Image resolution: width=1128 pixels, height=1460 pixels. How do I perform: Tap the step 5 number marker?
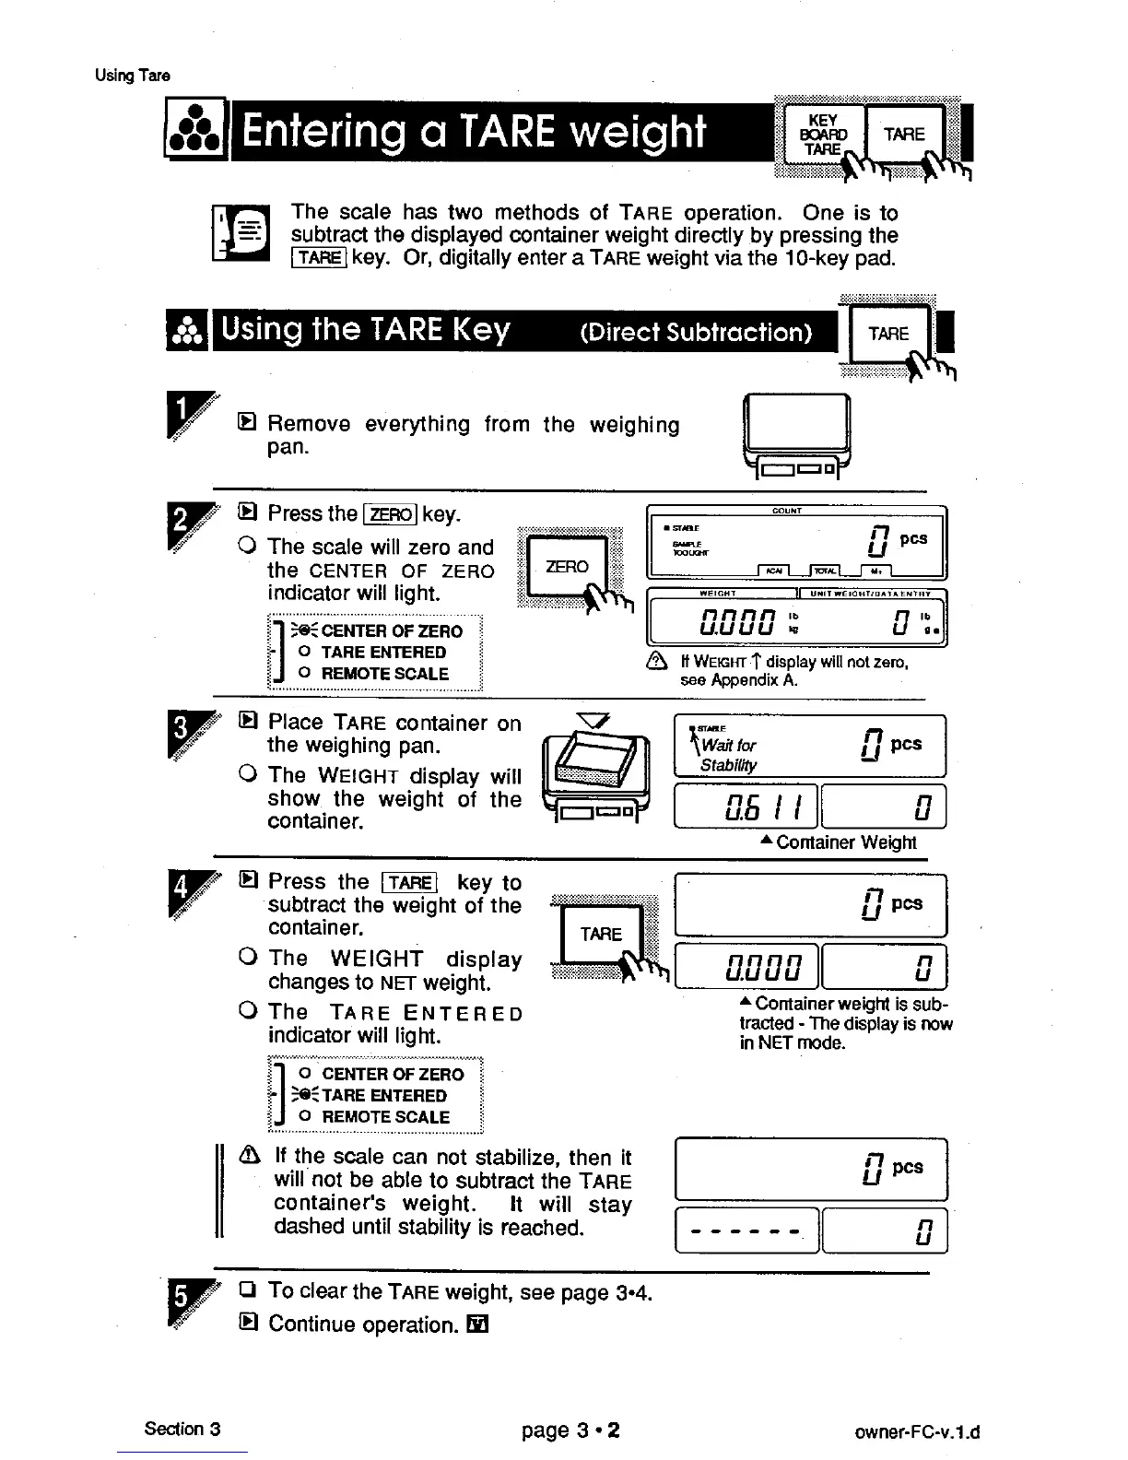pos(182,1302)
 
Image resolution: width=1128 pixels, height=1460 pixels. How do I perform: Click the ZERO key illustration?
pos(568,567)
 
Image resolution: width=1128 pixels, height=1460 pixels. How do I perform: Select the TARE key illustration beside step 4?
pos(601,934)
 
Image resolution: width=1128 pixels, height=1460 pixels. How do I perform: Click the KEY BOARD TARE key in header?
pos(822,135)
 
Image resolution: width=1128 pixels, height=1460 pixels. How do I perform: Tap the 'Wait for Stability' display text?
pos(728,755)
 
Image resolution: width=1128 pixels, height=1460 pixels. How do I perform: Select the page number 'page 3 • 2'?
pos(570,1431)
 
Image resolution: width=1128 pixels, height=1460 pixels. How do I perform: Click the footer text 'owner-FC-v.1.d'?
pos(916,1432)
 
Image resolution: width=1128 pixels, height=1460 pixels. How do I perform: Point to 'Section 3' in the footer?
pos(182,1429)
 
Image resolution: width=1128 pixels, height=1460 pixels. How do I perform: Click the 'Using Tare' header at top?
pos(132,76)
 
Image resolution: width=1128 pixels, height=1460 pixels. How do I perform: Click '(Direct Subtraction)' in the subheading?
pos(696,333)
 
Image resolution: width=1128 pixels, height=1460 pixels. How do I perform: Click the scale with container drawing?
pos(596,772)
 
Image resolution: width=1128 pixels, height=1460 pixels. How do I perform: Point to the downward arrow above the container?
pos(588,720)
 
